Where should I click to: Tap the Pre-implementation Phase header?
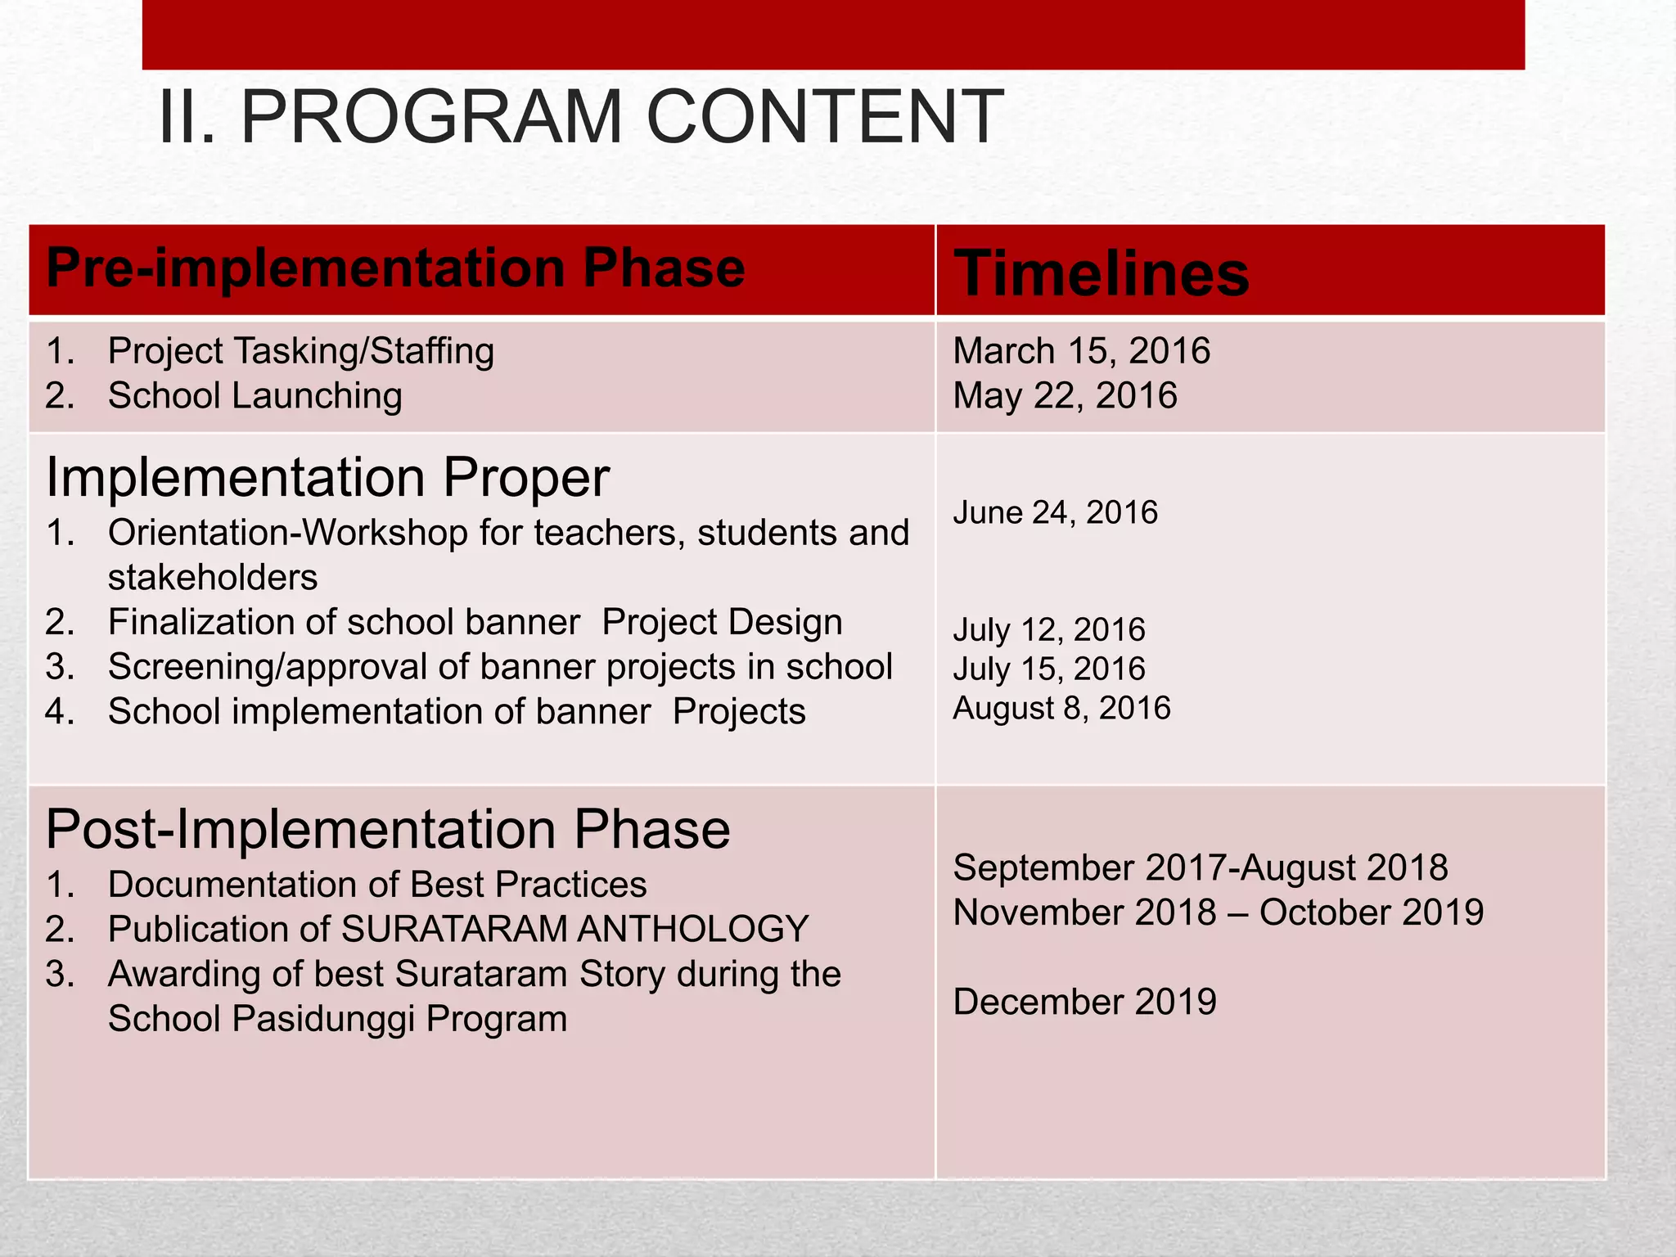[395, 268]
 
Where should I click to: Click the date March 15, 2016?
[1081, 351]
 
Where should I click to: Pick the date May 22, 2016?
[1065, 396]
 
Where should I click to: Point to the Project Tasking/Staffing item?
[300, 351]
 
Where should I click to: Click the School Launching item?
[255, 396]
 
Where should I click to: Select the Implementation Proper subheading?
[327, 476]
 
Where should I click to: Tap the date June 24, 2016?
[1055, 512]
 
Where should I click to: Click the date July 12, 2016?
[1048, 629]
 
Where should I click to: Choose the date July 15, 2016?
[1048, 669]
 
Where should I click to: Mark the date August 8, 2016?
[1061, 708]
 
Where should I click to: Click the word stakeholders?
[213, 578]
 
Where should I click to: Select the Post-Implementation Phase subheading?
[388, 829]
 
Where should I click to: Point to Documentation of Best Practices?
[376, 885]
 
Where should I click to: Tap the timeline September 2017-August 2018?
[1201, 867]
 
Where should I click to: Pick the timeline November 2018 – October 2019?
[1218, 912]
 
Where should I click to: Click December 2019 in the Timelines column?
[1084, 1002]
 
